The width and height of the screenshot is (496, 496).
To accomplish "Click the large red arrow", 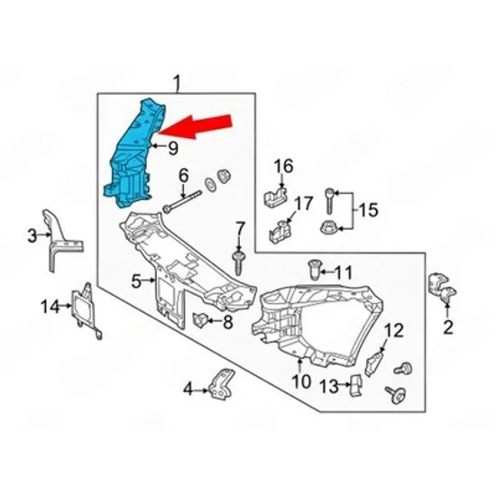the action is tap(194, 126).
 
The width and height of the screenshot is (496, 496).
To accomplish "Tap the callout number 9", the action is tap(173, 149).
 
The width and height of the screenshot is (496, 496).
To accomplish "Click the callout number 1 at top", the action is tap(177, 83).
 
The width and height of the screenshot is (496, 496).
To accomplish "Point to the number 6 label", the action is tap(183, 176).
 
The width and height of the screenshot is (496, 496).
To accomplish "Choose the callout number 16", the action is tap(284, 167).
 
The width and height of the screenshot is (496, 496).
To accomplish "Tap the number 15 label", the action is tap(369, 210).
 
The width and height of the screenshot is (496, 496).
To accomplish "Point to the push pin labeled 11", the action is tap(315, 270).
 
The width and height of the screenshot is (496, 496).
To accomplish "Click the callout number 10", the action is tap(301, 381).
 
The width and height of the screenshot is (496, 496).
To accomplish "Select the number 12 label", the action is tap(394, 331).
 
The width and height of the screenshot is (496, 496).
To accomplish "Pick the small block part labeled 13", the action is tap(356, 385).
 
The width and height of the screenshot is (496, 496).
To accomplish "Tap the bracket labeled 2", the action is tap(442, 287).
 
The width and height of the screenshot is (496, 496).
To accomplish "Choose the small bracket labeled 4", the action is tap(222, 383).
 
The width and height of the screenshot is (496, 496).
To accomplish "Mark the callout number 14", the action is tap(50, 307).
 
